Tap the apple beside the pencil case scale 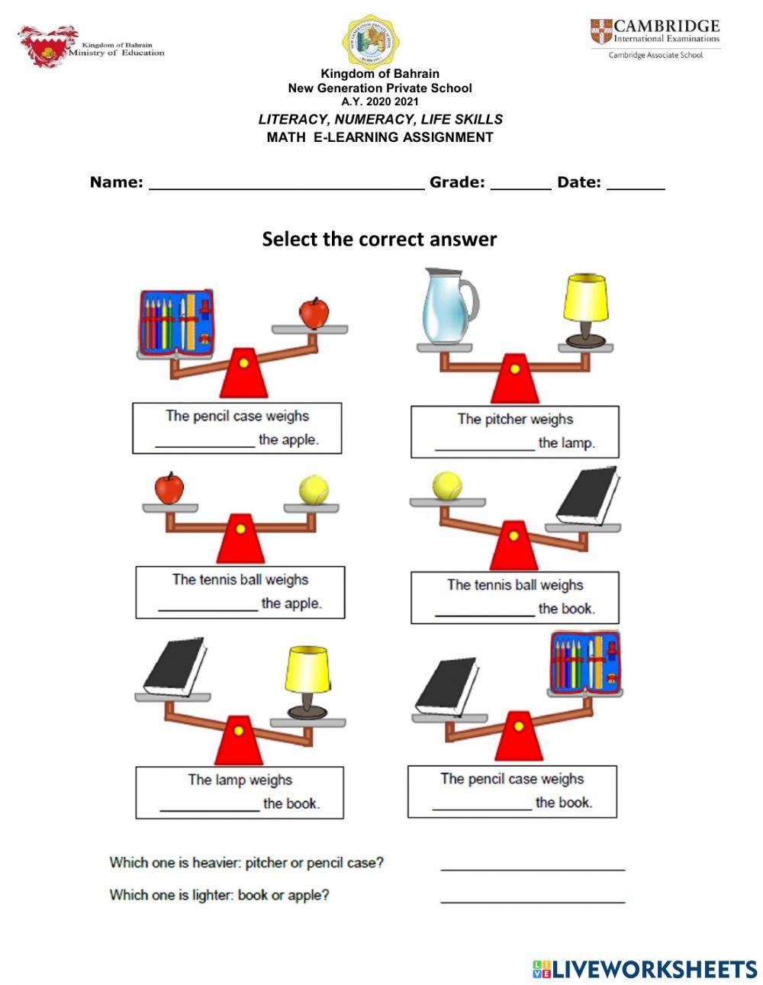point(314,312)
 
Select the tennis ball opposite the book point(447,485)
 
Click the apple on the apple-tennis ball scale point(169,488)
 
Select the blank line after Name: point(286,183)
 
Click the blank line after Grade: point(520,183)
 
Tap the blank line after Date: point(636,183)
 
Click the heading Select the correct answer point(379,239)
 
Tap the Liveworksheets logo point(645,969)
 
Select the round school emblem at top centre point(372,40)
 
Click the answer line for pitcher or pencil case point(533,864)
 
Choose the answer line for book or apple point(533,897)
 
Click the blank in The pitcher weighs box point(485,446)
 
